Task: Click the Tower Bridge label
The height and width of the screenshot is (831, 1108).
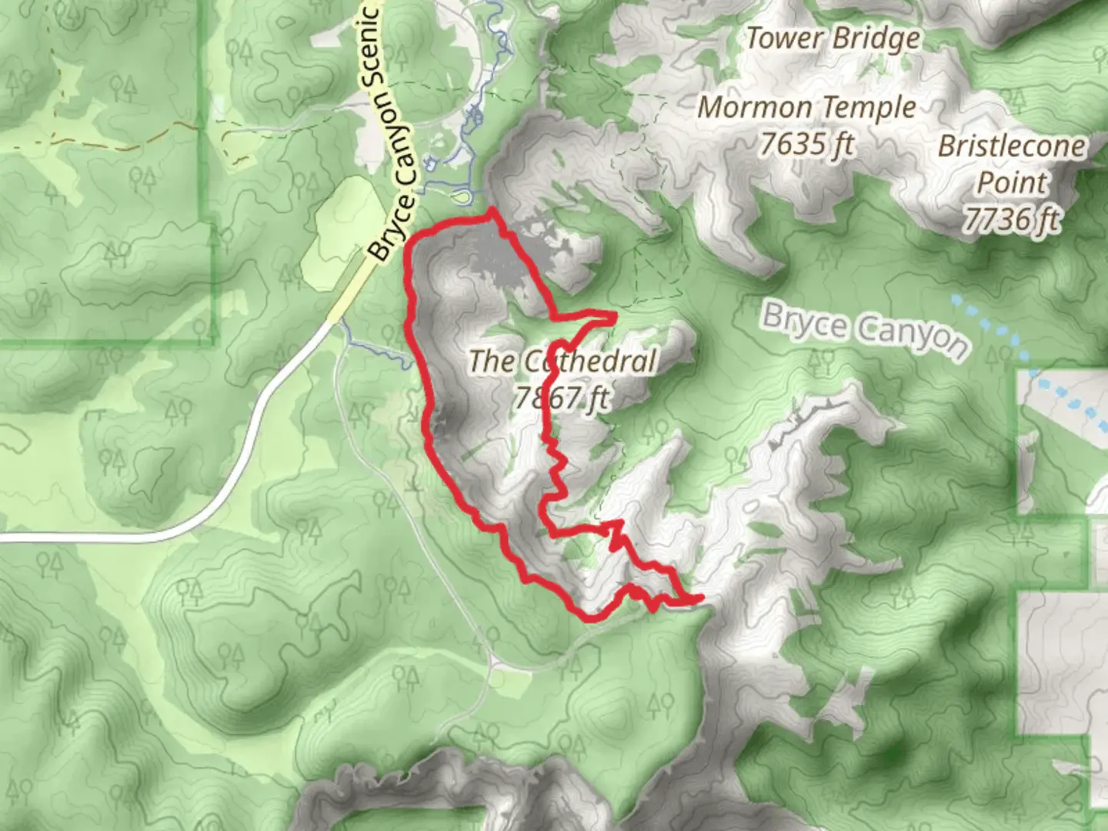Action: pyautogui.click(x=833, y=38)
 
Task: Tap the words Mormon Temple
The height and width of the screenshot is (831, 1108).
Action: pyautogui.click(x=806, y=108)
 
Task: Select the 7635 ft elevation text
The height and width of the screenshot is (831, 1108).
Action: pyautogui.click(x=806, y=143)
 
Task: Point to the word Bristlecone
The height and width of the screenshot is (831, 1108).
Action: pyautogui.click(x=1011, y=146)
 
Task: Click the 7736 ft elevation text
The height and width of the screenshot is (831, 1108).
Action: pyautogui.click(x=1011, y=220)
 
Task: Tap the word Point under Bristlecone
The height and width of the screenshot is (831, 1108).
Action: pyautogui.click(x=1011, y=183)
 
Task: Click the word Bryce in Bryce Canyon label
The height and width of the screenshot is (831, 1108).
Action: pyautogui.click(x=804, y=322)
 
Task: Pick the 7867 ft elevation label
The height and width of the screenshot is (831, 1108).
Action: pyautogui.click(x=562, y=398)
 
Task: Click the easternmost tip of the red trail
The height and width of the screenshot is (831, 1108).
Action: pyautogui.click(x=702, y=597)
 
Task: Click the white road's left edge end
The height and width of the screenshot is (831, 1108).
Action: pyautogui.click(x=3, y=537)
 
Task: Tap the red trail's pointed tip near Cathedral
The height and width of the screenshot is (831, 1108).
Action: pyautogui.click(x=616, y=315)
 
